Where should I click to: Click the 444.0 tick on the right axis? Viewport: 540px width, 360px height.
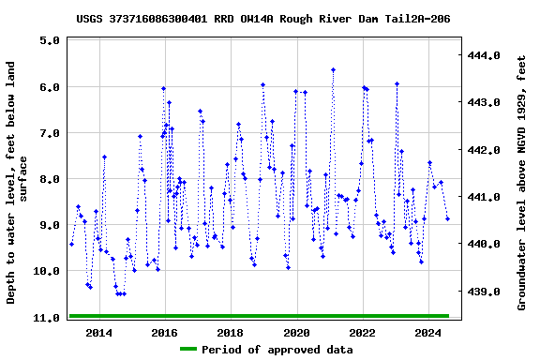point(487,56)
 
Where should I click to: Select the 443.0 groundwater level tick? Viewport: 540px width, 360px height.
point(487,103)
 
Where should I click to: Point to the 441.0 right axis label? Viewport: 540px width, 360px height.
point(487,198)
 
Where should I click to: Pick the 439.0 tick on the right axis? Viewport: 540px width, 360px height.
point(487,292)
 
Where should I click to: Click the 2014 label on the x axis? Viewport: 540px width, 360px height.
point(98,333)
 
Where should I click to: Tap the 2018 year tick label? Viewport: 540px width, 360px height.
point(231,333)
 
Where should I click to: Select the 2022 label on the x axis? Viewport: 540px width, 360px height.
point(362,333)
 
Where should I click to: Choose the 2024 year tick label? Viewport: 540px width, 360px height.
point(428,333)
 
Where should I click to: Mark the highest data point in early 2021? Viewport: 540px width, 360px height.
point(333,69)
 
